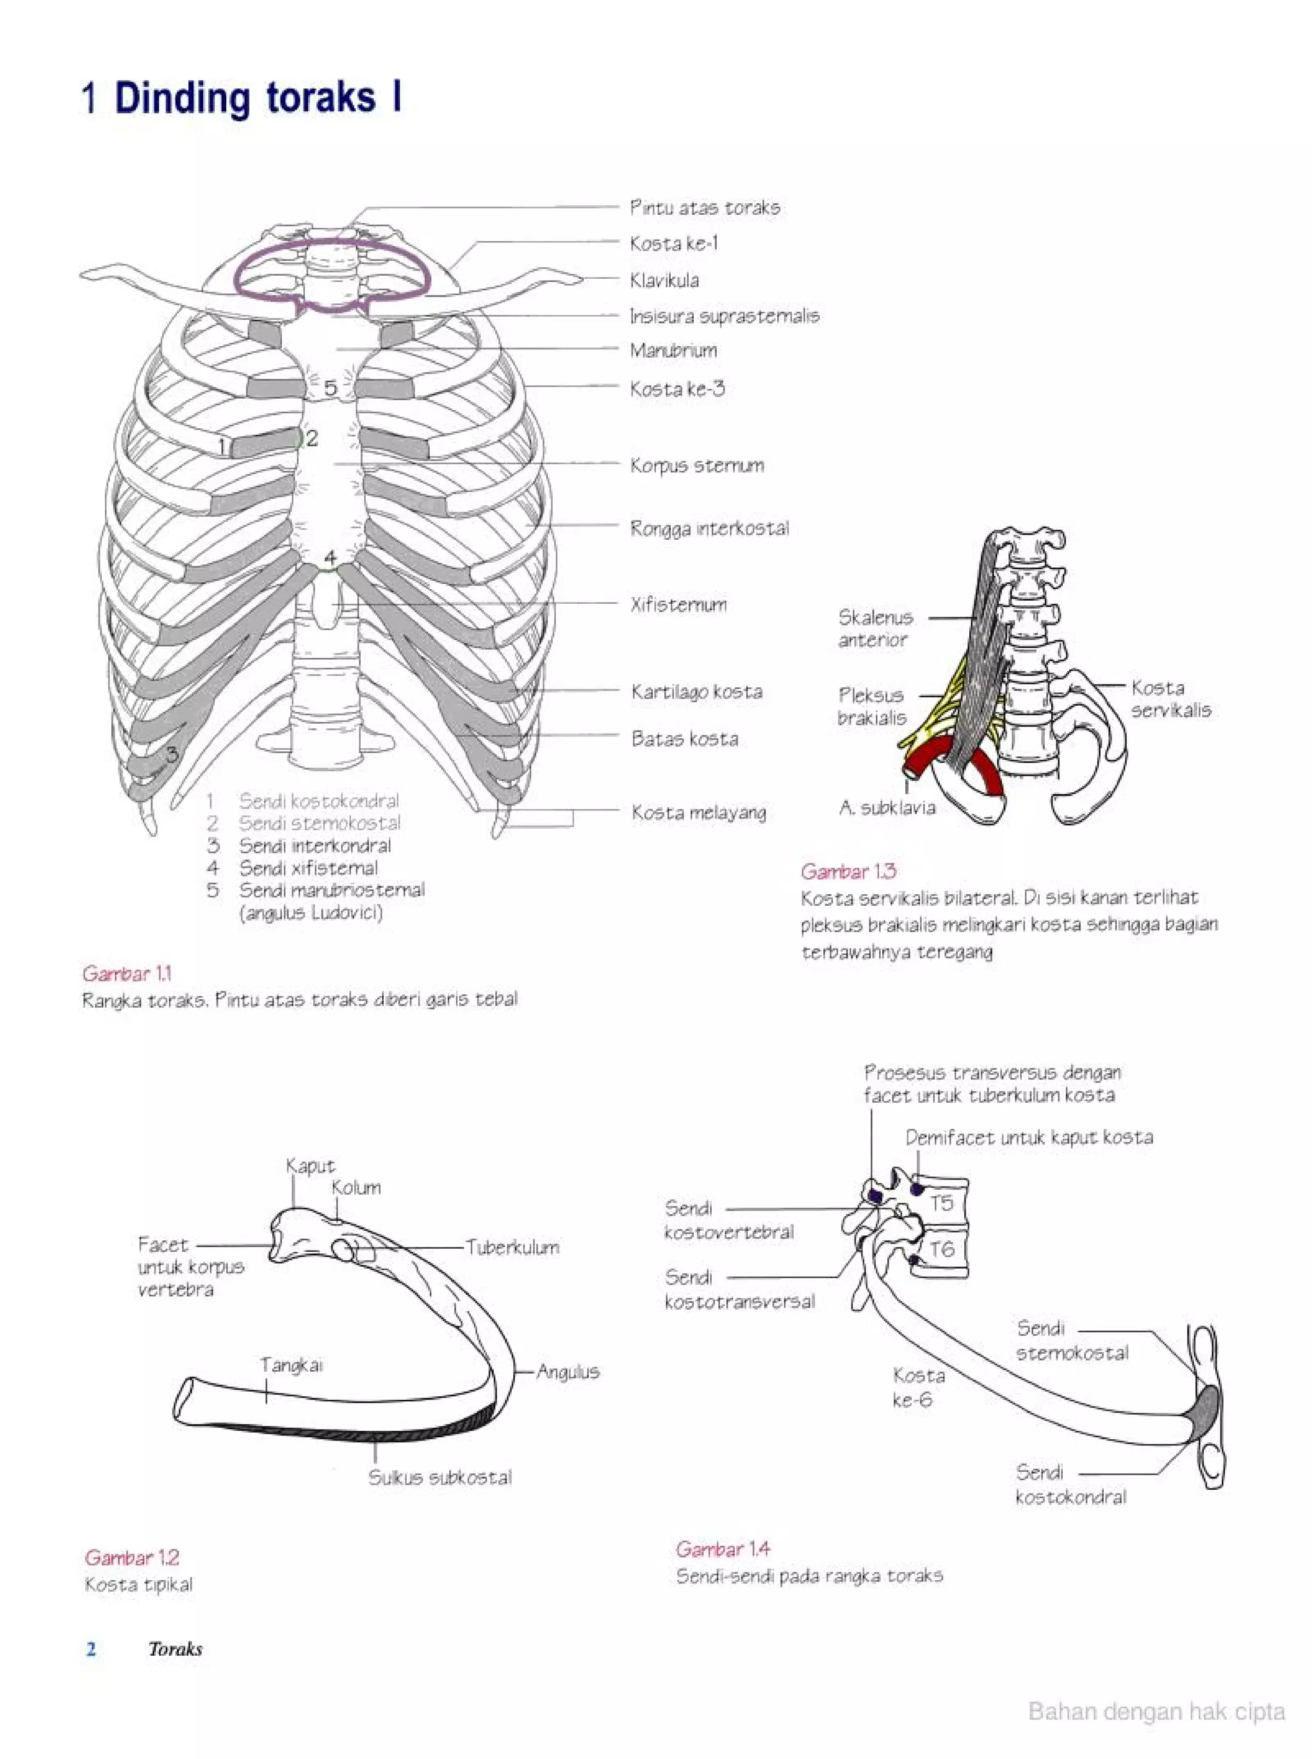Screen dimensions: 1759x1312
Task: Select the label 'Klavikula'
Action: [x=664, y=281]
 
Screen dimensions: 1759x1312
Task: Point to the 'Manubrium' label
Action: [x=673, y=351]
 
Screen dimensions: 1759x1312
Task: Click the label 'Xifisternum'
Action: [x=678, y=604]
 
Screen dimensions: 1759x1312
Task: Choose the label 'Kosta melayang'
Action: [x=699, y=813]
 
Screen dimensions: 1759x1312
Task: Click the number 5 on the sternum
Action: [x=329, y=388]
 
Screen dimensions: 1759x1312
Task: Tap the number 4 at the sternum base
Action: [x=329, y=558]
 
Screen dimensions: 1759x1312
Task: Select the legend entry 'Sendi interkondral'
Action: [x=315, y=846]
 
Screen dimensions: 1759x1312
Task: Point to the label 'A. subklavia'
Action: [x=887, y=808]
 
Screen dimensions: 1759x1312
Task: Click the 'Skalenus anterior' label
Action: [x=875, y=628]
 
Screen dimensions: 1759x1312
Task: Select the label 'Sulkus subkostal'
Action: [x=440, y=1478]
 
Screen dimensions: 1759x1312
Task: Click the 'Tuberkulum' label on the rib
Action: [x=512, y=1247]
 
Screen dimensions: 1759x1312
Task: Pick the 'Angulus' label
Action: [x=568, y=1372]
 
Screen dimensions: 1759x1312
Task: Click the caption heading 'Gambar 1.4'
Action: [x=723, y=1549]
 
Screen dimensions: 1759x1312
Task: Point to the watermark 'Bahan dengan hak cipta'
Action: [x=1156, y=1712]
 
